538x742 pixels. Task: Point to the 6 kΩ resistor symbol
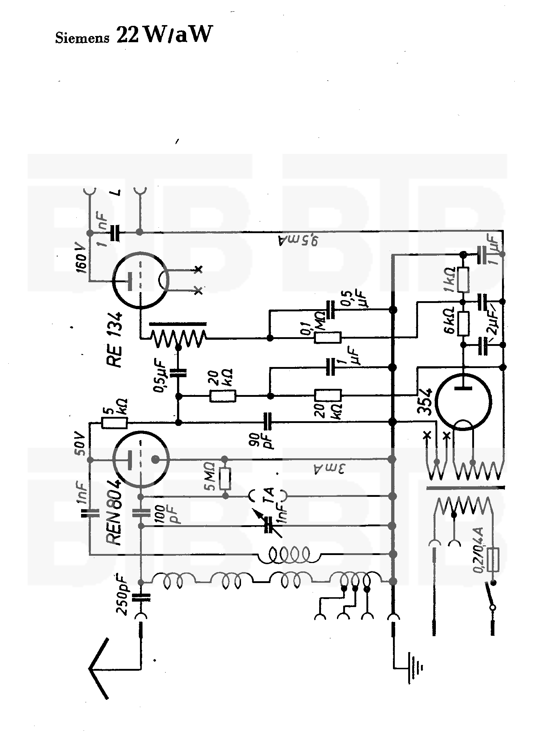coord(463,323)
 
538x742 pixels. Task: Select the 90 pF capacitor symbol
coord(269,422)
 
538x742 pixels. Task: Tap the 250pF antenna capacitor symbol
coord(141,597)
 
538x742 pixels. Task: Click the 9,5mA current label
coord(298,240)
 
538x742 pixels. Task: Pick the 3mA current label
coord(327,468)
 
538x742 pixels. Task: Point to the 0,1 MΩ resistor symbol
coord(328,338)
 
